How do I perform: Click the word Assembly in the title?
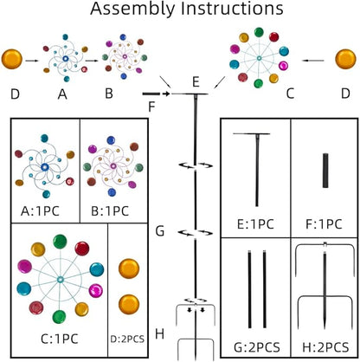132,9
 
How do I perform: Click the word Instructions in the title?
233,8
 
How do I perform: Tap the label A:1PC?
40,211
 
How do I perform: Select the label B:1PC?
110,211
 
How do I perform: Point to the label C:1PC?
60,339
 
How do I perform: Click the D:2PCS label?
127,339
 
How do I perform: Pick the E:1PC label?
255,224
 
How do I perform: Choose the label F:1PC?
324,224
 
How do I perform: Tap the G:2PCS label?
257,347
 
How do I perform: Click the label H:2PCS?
325,347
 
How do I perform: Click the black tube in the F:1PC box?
325,171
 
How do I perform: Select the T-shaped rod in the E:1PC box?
256,171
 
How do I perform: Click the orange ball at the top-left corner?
12,59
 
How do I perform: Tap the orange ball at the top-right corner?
345,59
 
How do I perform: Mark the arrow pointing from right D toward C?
313,61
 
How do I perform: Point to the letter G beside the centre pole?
160,231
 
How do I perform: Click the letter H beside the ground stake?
159,333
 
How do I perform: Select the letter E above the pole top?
196,82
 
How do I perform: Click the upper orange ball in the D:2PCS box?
129,268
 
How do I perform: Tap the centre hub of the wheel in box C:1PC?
61,280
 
